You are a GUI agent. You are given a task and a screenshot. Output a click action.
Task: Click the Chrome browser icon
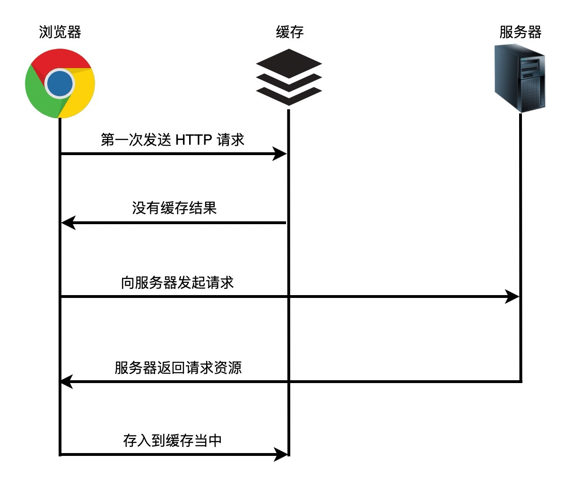pyautogui.click(x=60, y=84)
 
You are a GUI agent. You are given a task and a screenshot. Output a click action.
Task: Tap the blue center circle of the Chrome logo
pyautogui.click(x=60, y=84)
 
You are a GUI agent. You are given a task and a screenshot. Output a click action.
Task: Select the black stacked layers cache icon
pyautogui.click(x=289, y=78)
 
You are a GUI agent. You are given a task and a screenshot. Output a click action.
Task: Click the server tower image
pyautogui.click(x=520, y=78)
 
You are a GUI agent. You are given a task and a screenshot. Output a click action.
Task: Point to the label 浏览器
pyautogui.click(x=60, y=32)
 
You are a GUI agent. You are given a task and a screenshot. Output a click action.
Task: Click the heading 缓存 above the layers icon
pyautogui.click(x=290, y=32)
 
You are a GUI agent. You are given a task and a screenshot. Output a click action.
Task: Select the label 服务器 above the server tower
pyautogui.click(x=521, y=32)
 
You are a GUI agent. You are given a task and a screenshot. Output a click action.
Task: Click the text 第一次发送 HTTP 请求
pyautogui.click(x=173, y=139)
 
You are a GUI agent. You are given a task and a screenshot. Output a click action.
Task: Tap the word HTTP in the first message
pyautogui.click(x=194, y=140)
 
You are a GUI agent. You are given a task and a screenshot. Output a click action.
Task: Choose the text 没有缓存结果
pyautogui.click(x=174, y=208)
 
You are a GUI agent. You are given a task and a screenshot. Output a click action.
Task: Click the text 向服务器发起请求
pyautogui.click(x=177, y=283)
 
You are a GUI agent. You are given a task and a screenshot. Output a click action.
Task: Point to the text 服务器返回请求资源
pyautogui.click(x=178, y=368)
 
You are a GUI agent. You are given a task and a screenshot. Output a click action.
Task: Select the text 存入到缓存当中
pyautogui.click(x=172, y=440)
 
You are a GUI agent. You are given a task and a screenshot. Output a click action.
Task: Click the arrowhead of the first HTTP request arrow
pyautogui.click(x=279, y=154)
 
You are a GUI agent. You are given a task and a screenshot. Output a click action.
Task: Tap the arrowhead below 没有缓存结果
pyautogui.click(x=68, y=223)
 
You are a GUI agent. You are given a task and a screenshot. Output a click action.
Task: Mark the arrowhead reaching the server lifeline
pyautogui.click(x=512, y=297)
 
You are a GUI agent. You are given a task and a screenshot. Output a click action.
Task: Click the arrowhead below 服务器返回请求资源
pyautogui.click(x=66, y=382)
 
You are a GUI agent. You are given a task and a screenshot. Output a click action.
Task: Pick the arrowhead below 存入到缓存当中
pyautogui.click(x=280, y=454)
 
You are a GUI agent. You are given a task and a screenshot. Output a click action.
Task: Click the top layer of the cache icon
pyautogui.click(x=289, y=64)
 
